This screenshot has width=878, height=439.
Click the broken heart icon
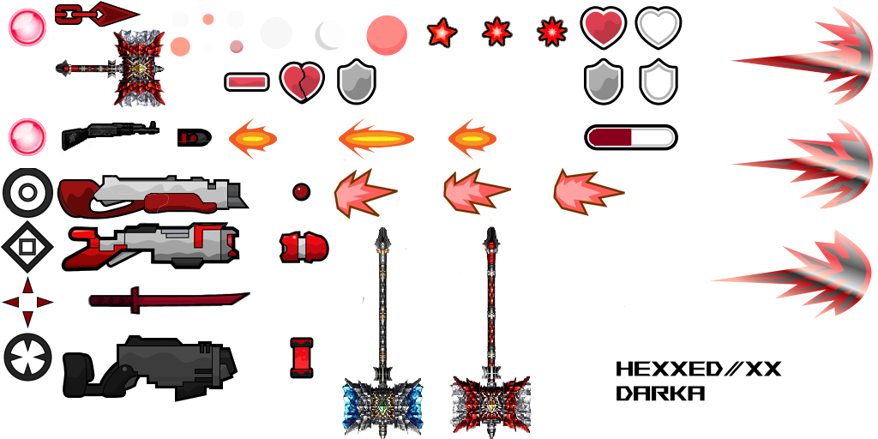[302, 82]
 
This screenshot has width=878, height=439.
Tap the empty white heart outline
[658, 27]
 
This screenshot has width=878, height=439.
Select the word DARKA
[660, 393]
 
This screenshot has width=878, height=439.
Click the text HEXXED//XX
[698, 369]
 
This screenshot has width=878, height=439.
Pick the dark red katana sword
[169, 299]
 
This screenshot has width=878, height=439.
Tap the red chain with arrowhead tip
[97, 13]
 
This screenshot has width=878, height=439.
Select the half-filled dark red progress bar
[630, 137]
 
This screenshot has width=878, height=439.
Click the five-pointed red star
[442, 33]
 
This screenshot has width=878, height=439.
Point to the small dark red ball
[301, 191]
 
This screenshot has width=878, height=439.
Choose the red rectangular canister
[301, 358]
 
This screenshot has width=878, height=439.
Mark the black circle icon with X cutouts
[27, 357]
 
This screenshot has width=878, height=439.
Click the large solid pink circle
[387, 35]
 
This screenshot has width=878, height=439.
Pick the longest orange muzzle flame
[376, 138]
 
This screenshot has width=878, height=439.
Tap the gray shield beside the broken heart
[356, 81]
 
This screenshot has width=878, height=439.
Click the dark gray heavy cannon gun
[149, 367]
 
